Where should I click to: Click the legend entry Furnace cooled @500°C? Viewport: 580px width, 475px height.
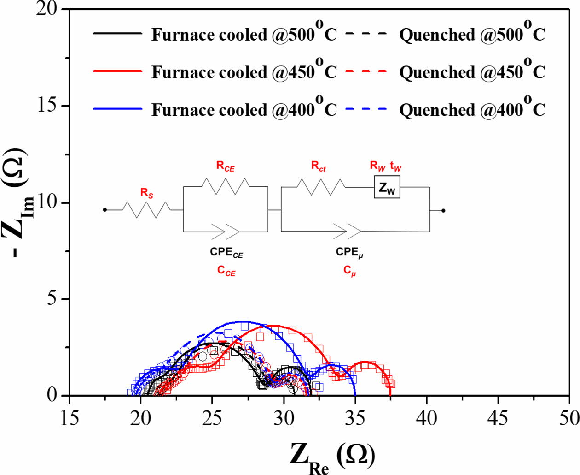tap(244, 35)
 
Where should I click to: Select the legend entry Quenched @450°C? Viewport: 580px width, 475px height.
tap(472, 72)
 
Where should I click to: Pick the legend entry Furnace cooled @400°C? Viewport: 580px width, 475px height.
tap(244, 110)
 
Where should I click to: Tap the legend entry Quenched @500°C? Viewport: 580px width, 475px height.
tap(472, 35)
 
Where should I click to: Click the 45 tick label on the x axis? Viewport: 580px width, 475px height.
tap(498, 418)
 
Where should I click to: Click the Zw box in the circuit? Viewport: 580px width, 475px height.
tap(387, 187)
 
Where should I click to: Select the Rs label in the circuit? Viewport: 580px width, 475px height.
tap(147, 193)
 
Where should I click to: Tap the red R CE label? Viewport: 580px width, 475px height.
tap(226, 166)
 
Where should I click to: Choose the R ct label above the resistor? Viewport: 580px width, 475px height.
tap(319, 166)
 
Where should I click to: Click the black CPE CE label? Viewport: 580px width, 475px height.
tap(226, 253)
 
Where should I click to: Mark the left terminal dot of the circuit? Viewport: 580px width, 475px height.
tap(105, 210)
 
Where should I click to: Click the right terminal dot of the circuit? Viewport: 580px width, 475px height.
tap(443, 211)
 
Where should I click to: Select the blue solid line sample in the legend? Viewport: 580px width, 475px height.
tap(118, 109)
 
